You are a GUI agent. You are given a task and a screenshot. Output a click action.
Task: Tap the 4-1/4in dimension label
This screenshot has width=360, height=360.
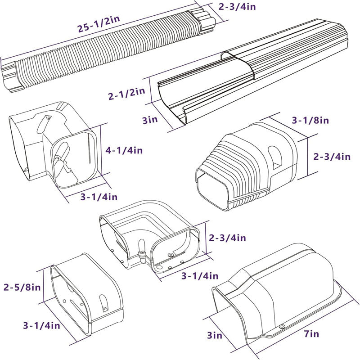click(125, 150)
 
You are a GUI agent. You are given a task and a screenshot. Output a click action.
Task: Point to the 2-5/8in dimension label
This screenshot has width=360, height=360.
click(22, 286)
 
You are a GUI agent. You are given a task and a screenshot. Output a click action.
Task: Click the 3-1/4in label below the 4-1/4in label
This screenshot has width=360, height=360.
click(99, 196)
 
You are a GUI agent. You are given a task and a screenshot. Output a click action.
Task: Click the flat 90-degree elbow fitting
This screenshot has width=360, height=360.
click(148, 238)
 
